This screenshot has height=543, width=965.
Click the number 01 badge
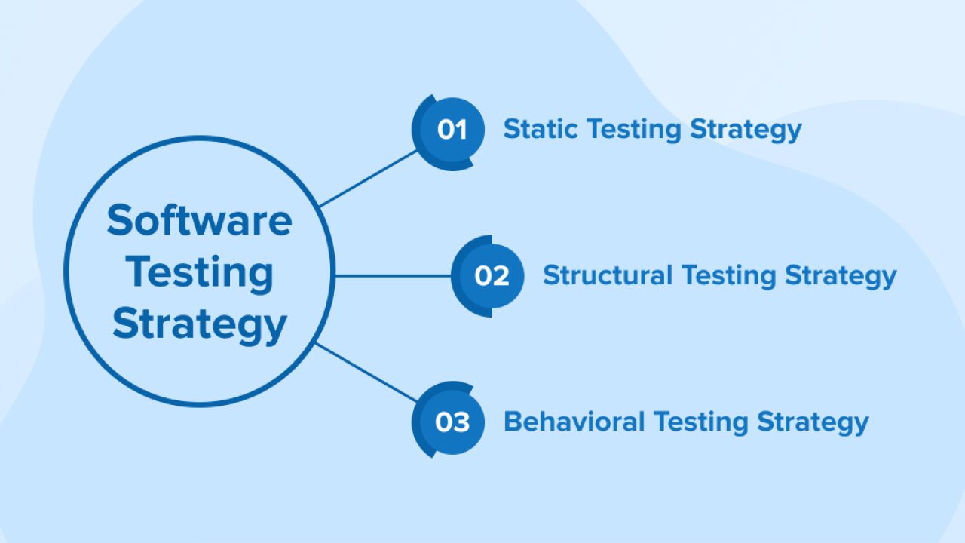pos(450,131)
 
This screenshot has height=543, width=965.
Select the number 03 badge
pos(451,422)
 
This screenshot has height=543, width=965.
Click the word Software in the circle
pos(199,220)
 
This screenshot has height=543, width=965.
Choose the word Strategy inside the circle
pos(200,324)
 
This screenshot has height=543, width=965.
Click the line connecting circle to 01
pos(368,179)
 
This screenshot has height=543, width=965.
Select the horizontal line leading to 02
pos(392,276)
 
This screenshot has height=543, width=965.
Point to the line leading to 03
pos(366,372)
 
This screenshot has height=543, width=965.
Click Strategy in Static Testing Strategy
pos(746,130)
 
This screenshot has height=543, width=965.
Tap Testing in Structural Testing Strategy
pos(728,276)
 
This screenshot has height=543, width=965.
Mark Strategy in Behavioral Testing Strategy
pos(813,422)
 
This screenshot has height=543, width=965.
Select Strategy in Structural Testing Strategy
pos(840,276)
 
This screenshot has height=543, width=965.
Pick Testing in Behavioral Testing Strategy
pos(701,422)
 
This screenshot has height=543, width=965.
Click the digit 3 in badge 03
pos(461,422)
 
